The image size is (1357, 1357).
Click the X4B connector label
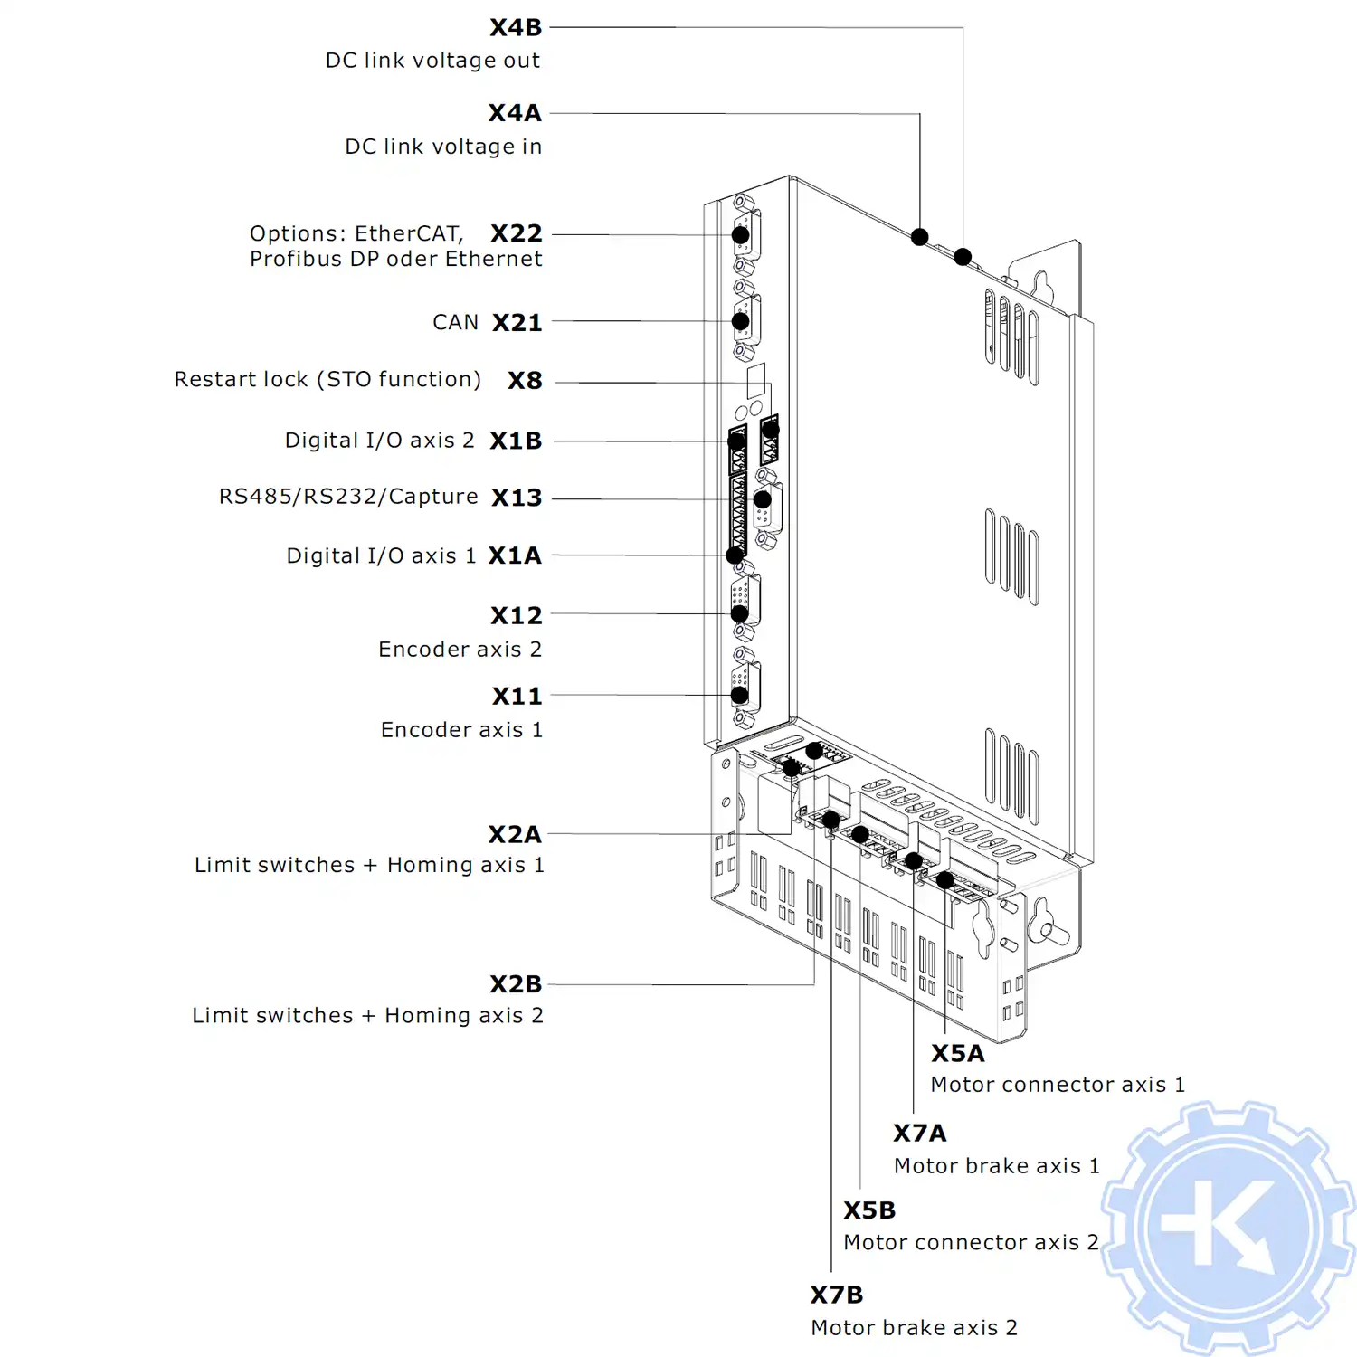516,28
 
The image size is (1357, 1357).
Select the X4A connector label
515,113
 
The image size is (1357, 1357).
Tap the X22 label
517,233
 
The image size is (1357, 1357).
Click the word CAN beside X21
455,323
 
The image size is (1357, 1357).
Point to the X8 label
525,381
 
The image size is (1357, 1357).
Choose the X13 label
517,498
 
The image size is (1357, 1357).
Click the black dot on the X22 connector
740,235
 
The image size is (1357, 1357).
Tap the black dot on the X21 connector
740,321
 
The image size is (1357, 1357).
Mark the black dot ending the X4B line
963,257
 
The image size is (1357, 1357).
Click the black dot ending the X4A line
920,237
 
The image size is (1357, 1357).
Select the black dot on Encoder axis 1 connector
739,695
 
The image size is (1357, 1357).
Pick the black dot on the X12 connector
739,613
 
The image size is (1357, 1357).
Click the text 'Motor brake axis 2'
914,1327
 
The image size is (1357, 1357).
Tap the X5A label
957,1054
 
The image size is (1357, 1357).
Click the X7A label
919,1134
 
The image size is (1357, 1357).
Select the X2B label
516,984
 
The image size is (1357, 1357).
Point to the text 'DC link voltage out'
432,61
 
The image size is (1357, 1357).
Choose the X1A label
515,555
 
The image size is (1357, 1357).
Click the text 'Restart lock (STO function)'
327,379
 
